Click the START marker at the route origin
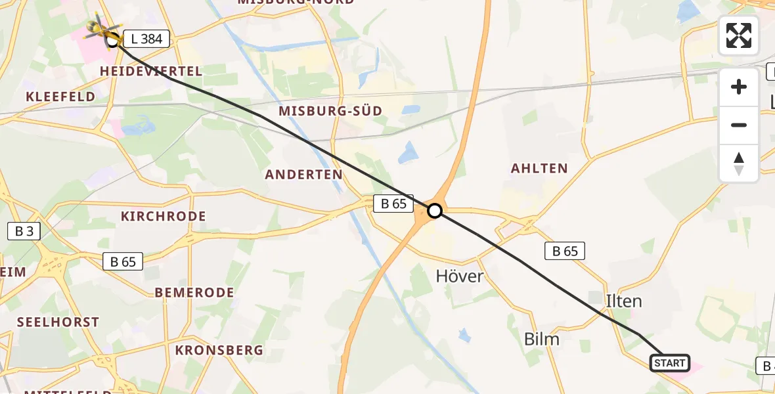click(x=669, y=363)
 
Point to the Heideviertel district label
click(x=150, y=71)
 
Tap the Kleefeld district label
click(x=60, y=97)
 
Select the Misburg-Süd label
click(x=330, y=111)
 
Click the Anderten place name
click(x=304, y=175)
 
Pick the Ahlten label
click(x=539, y=169)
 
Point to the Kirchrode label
click(x=164, y=216)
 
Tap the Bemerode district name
click(x=194, y=292)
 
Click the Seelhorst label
click(x=58, y=322)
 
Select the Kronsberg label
click(x=219, y=351)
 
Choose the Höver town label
click(x=460, y=276)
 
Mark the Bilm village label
click(x=542, y=339)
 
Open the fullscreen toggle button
click(x=739, y=35)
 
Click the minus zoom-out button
click(x=739, y=125)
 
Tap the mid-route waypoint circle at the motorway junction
click(x=435, y=211)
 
